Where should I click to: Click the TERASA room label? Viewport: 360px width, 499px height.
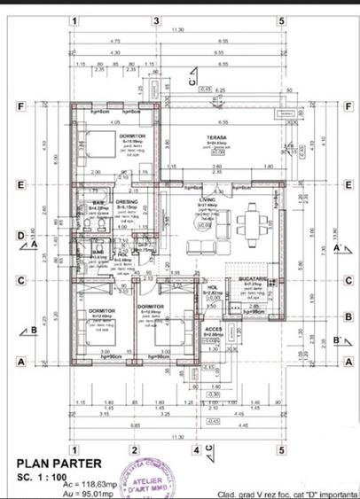(216, 137)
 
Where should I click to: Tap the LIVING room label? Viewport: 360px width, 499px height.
(207, 200)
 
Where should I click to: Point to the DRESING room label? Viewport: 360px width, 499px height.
(127, 201)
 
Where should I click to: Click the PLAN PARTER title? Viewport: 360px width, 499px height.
(59, 463)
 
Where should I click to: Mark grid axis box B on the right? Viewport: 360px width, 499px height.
(349, 316)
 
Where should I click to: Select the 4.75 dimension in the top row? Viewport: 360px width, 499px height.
(114, 41)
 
